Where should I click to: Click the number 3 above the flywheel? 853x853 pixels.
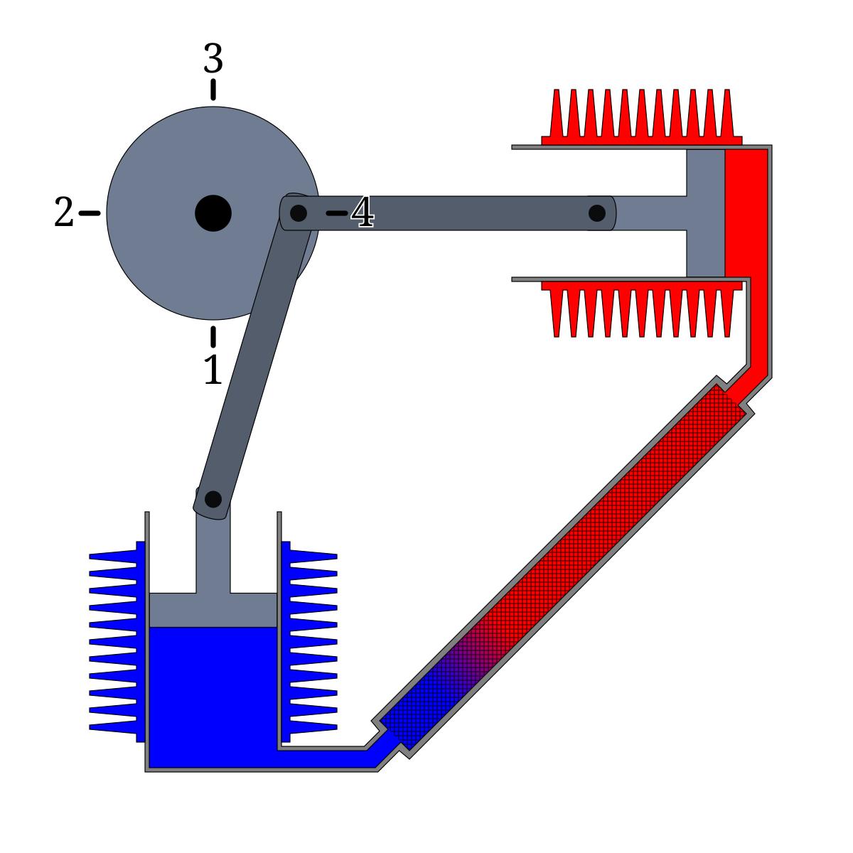(213, 58)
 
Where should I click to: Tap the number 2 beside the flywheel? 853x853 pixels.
(63, 213)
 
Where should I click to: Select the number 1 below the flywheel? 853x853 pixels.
(213, 370)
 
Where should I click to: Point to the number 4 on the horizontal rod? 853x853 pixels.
(363, 213)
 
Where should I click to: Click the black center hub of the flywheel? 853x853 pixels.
(213, 213)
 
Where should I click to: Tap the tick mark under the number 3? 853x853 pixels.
(213, 90)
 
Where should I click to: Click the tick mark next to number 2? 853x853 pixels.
(90, 213)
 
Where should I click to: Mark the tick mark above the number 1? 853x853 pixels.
(213, 336)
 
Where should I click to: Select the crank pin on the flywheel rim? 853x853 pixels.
(299, 213)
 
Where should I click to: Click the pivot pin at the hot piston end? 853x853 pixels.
(596, 213)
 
